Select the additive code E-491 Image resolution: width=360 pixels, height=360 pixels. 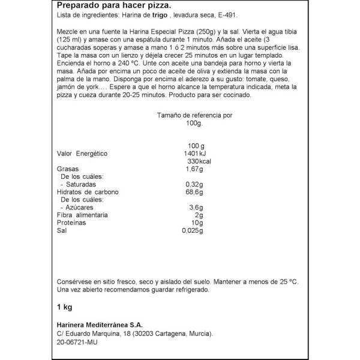point(227,19)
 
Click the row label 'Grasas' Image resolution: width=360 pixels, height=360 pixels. point(67,170)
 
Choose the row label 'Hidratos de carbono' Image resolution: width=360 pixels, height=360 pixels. point(89,193)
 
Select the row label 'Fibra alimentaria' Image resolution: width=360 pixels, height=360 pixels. point(82,215)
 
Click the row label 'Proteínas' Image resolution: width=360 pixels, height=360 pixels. point(71,223)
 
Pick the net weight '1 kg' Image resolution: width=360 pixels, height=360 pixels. point(64,309)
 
